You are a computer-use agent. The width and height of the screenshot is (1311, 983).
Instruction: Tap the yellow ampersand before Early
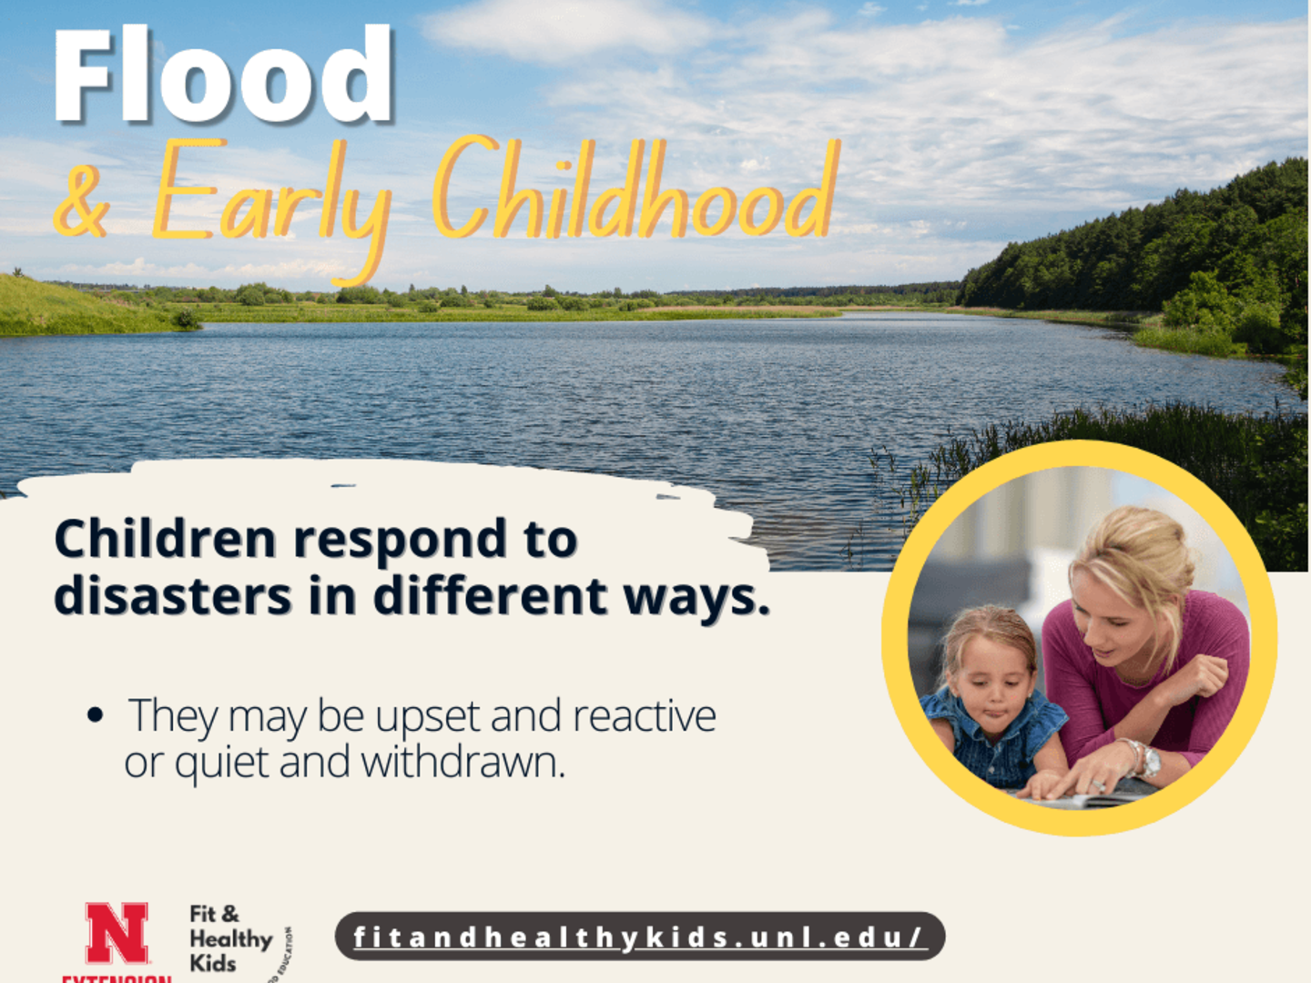click(x=82, y=201)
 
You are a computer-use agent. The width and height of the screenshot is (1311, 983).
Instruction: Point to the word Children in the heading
click(x=165, y=539)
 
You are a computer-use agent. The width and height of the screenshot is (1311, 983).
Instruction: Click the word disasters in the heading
click(x=173, y=597)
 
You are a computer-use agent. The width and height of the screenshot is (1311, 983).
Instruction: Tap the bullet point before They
click(x=95, y=715)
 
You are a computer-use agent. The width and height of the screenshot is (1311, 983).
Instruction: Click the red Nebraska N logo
click(x=117, y=933)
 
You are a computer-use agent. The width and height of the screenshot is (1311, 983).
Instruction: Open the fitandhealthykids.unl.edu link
click(x=639, y=937)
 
